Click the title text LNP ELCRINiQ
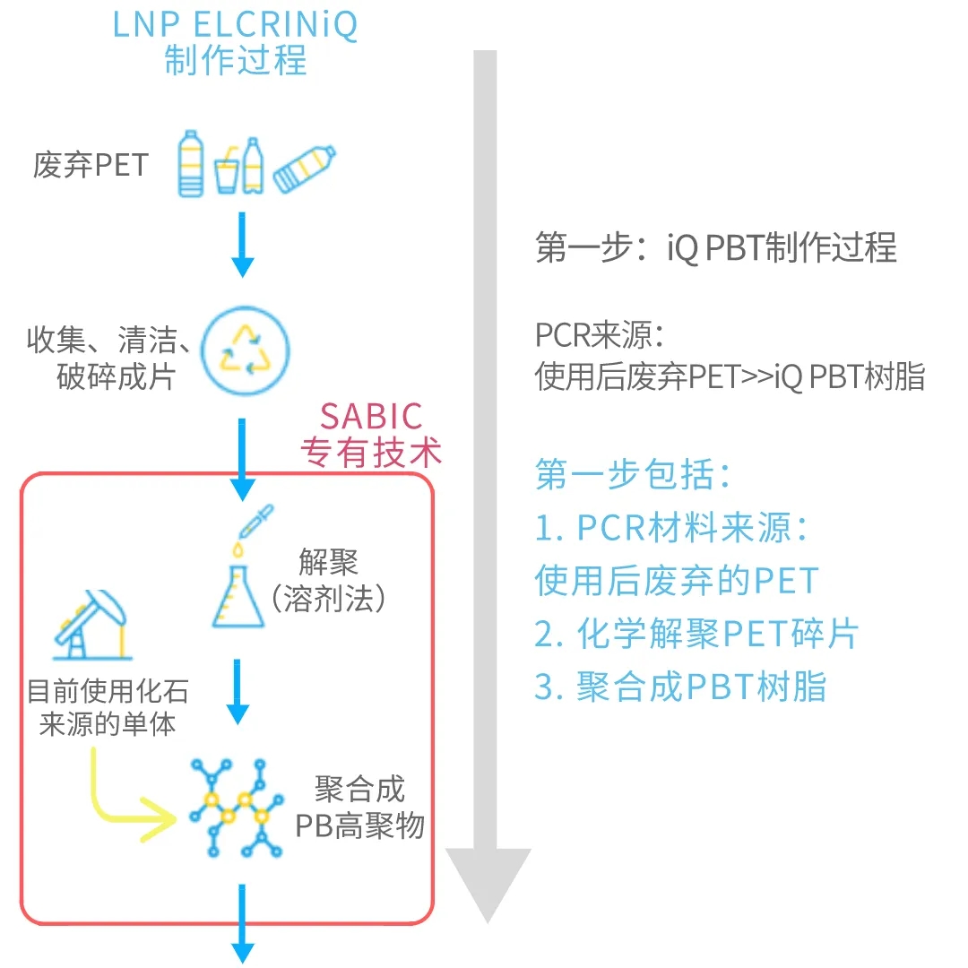(x=235, y=24)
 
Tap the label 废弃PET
(x=90, y=166)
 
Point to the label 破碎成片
(x=115, y=377)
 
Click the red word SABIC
(x=371, y=417)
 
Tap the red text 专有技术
(x=371, y=453)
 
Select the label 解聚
(x=328, y=563)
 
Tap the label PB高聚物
(x=359, y=825)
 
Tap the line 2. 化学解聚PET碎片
(x=696, y=634)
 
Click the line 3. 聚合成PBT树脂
(x=679, y=687)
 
